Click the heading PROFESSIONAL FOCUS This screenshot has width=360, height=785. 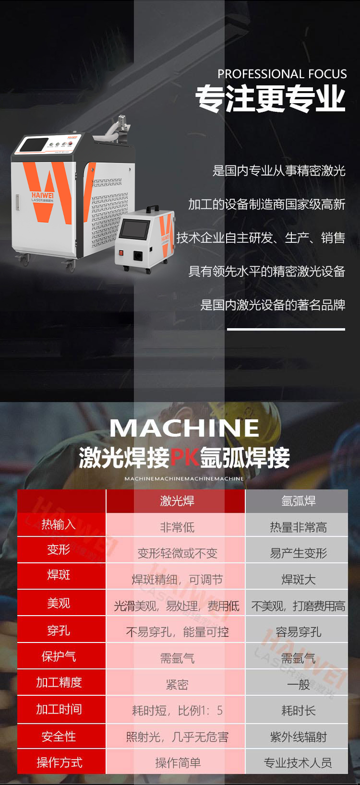(x=282, y=74)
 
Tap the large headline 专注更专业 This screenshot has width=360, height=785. (x=270, y=99)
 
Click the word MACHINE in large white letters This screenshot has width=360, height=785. (x=184, y=428)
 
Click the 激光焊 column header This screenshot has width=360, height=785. (x=177, y=501)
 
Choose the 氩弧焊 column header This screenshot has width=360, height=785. (x=298, y=501)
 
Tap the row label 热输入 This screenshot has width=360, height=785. (x=59, y=524)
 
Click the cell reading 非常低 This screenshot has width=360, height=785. (x=177, y=527)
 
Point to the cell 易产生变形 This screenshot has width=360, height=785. (x=298, y=553)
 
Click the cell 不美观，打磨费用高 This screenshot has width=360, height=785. (x=298, y=606)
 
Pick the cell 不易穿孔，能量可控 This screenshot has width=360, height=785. (x=177, y=632)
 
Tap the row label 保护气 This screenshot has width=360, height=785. (x=59, y=656)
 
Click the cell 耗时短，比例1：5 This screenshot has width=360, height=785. (x=177, y=711)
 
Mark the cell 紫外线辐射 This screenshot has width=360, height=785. (x=298, y=737)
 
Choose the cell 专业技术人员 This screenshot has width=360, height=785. (x=298, y=763)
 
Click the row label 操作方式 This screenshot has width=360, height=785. (x=59, y=762)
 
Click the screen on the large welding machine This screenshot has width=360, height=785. (x=34, y=145)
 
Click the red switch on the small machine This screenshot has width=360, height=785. (x=121, y=252)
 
